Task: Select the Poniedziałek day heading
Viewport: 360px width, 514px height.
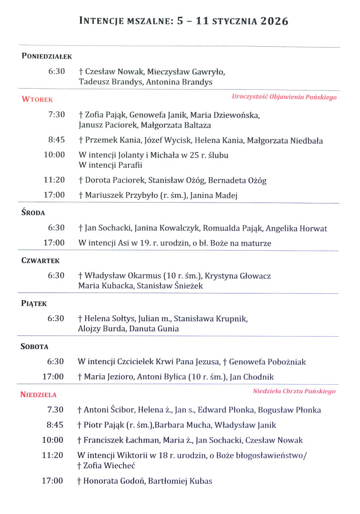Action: [47, 56]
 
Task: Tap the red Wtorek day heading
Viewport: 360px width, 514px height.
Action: [37, 99]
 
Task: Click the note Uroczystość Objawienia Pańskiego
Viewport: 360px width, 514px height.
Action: [284, 97]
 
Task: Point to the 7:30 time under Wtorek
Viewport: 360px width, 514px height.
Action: [57, 114]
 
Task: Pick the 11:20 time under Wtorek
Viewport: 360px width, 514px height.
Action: [54, 180]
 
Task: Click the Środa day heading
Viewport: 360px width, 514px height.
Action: [33, 213]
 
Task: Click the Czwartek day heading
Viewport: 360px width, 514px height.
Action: [40, 260]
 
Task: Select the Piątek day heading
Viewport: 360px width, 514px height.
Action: [34, 304]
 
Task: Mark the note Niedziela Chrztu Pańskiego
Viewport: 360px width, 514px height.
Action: [294, 391]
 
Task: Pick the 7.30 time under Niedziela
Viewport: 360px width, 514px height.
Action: [56, 410]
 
